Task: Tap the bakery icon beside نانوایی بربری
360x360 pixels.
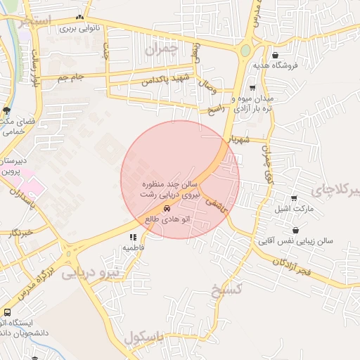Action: point(79,18)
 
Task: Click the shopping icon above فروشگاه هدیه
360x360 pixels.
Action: point(274,55)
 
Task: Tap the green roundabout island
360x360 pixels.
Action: point(245,51)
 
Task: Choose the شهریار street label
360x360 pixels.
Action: point(250,139)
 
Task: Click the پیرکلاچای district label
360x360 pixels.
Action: point(337,190)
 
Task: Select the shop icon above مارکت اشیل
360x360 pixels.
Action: point(293,198)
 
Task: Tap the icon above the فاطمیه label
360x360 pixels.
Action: point(134,238)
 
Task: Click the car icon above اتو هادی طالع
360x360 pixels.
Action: point(167,209)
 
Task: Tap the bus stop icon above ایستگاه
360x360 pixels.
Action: point(7,312)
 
